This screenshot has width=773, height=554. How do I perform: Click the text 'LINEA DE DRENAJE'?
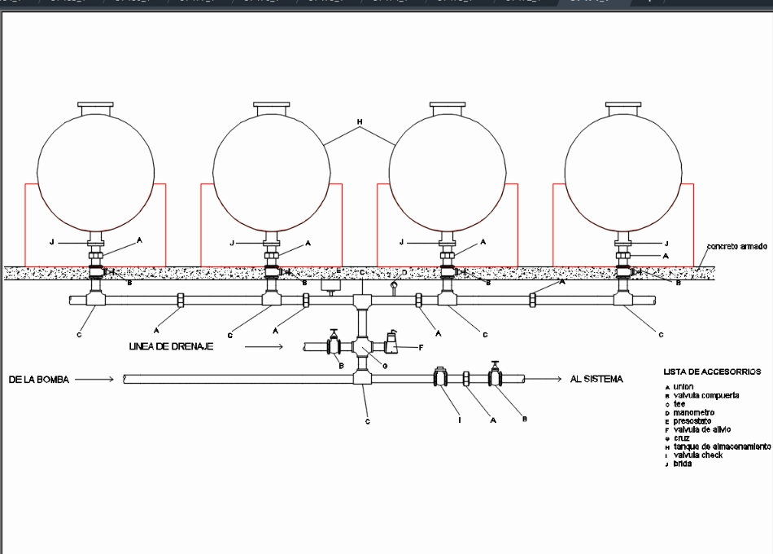pos(171,347)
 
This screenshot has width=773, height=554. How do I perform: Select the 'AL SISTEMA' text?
pos(596,380)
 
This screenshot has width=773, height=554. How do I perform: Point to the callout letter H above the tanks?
pos(359,123)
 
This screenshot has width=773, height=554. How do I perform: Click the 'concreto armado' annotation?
pos(736,245)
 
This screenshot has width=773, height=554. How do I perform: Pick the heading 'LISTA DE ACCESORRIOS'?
pos(712,372)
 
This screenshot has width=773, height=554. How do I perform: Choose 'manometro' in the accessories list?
pos(693,412)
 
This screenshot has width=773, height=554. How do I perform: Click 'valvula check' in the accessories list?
pos(697,455)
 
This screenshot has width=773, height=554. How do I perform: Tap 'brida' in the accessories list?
pos(682,464)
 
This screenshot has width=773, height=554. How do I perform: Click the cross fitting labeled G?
pos(362,346)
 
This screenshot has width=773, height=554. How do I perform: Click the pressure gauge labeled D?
pos(395,286)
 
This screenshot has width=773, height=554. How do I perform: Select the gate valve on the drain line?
pos(334,345)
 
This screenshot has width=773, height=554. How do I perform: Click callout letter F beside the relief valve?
pos(421,348)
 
